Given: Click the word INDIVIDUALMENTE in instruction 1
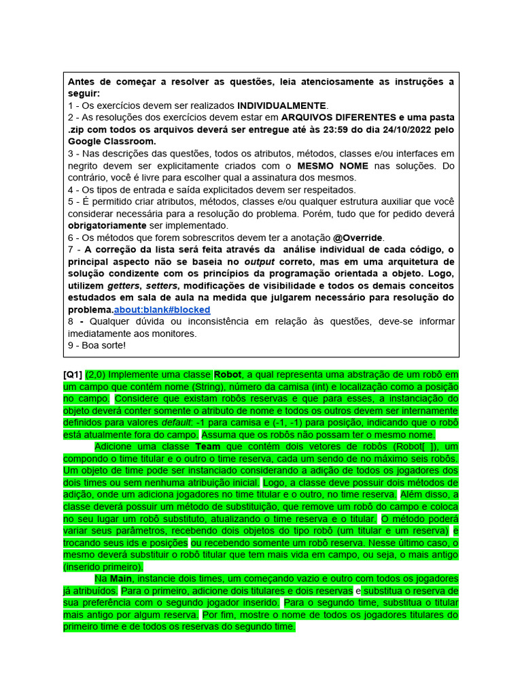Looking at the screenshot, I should (x=282, y=106).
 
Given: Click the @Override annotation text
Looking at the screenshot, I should (x=358, y=238).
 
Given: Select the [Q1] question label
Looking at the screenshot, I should (x=73, y=374).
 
